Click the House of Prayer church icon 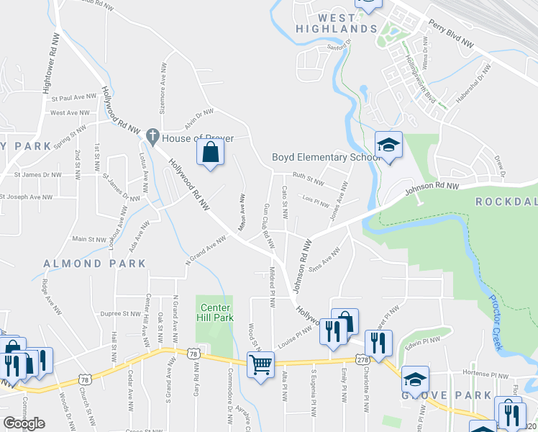tap(152, 135)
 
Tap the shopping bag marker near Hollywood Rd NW tap(210, 153)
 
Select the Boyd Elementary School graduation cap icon tap(388, 145)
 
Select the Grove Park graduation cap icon tap(415, 379)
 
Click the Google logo tap(24, 423)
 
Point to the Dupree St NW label tap(120, 314)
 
